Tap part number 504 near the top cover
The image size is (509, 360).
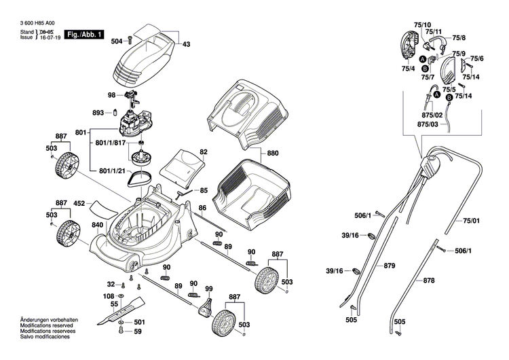[117, 41]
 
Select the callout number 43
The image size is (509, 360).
[187, 44]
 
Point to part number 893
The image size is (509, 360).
[98, 113]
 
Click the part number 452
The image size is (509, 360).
[79, 203]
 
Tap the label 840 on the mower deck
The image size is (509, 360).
[98, 225]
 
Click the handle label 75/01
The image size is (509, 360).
[471, 221]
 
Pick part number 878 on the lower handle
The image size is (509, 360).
[429, 281]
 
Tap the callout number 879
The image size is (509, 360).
[389, 265]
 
